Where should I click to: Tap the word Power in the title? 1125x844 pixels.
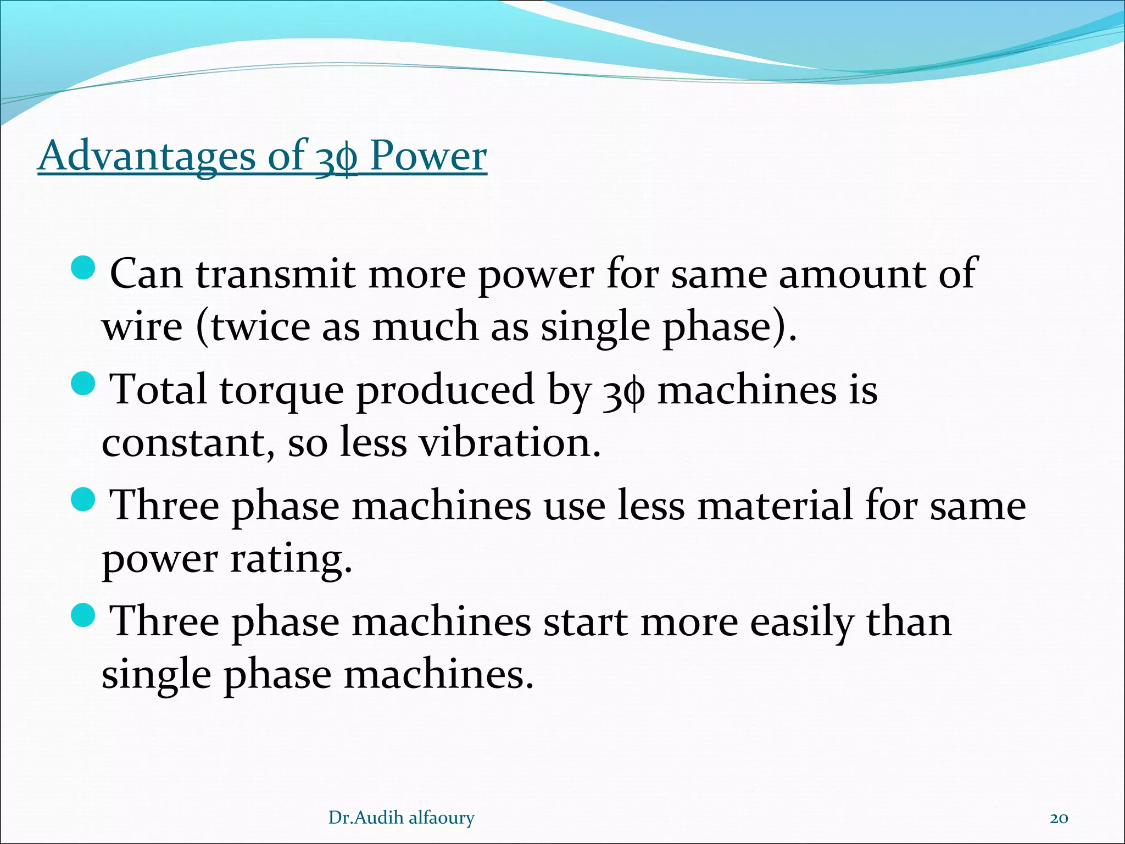click(x=428, y=156)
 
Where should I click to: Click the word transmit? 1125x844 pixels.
click(x=275, y=274)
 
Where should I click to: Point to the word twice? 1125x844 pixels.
click(x=260, y=326)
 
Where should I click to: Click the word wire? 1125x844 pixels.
click(x=142, y=326)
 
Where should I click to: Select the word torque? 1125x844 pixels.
click(x=282, y=390)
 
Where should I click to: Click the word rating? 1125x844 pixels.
click(x=291, y=559)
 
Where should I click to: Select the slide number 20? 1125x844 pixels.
click(x=1059, y=818)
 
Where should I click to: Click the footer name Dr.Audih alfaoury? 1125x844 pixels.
click(x=401, y=818)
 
